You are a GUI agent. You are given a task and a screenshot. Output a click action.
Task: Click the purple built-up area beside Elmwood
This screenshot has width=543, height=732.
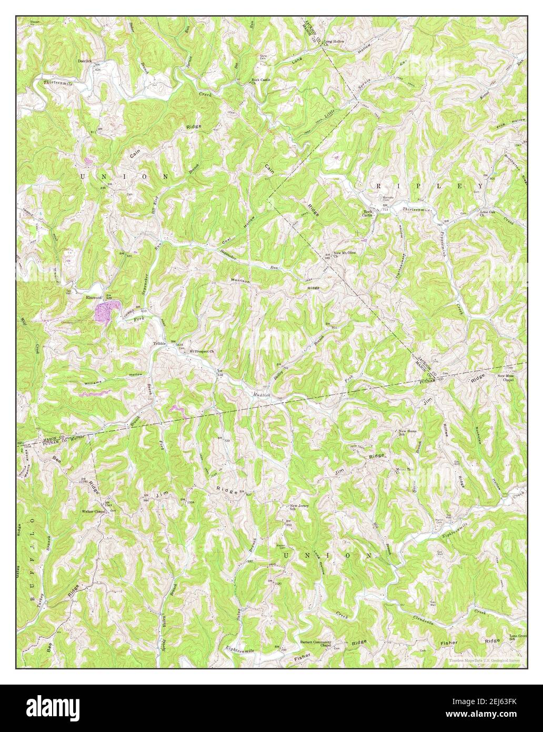click(x=106, y=309)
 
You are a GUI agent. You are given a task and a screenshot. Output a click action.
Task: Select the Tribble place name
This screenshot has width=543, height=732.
click(x=159, y=344)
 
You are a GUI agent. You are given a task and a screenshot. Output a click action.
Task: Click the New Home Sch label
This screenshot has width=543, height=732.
click(x=407, y=433)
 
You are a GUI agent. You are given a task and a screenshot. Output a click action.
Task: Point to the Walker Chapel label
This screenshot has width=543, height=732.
click(x=93, y=511)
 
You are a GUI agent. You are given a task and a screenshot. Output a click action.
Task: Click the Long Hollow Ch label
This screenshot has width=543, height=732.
click(x=334, y=43)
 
